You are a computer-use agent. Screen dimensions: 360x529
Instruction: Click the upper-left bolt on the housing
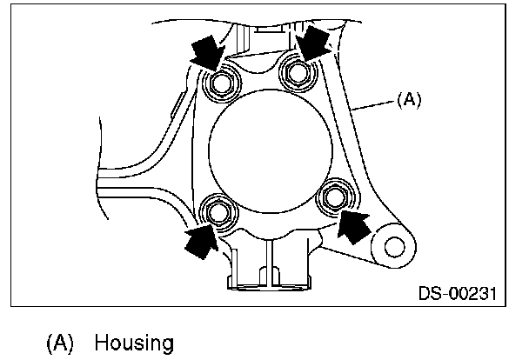pyautogui.click(x=221, y=83)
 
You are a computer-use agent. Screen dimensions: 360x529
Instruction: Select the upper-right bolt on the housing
pyautogui.click(x=298, y=72)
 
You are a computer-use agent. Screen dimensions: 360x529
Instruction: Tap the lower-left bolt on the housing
pyautogui.click(x=217, y=210)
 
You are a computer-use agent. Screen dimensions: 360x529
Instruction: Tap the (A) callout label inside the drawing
pyautogui.click(x=407, y=100)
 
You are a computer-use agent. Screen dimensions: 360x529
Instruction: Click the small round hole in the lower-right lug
pyautogui.click(x=392, y=248)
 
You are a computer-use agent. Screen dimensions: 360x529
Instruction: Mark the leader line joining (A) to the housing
pyautogui.click(x=377, y=105)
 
